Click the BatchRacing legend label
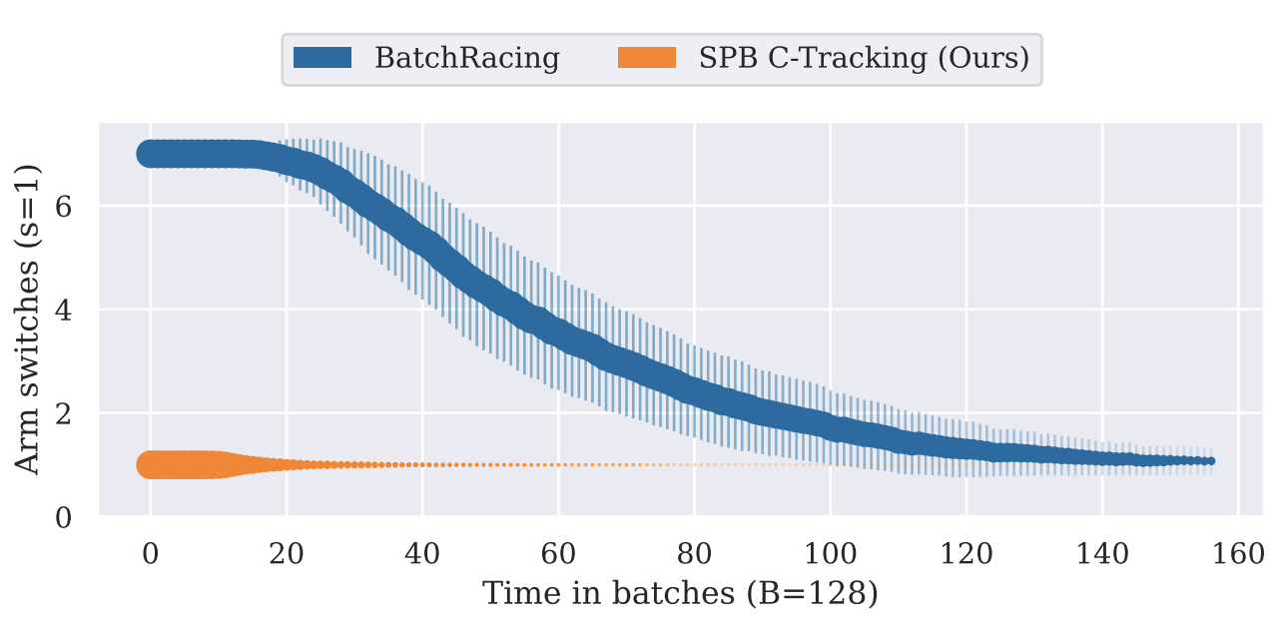(466, 58)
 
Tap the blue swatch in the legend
(322, 58)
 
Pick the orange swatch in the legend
(648, 58)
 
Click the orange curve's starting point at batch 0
(150, 465)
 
